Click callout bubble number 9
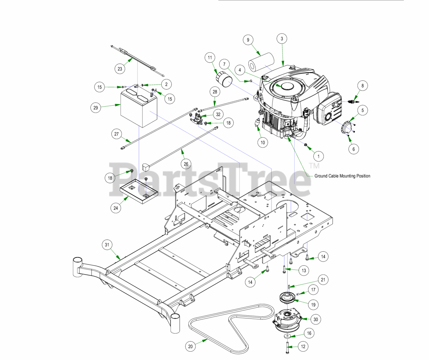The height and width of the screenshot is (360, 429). [x=248, y=40]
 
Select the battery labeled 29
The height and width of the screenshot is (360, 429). [x=138, y=109]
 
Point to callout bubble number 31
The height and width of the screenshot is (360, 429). [x=107, y=245]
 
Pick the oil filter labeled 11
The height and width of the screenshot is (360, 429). [x=223, y=79]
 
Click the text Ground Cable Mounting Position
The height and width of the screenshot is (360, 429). [x=342, y=176]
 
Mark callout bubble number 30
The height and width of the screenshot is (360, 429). [x=316, y=319]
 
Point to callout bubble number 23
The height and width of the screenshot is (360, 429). [x=120, y=69]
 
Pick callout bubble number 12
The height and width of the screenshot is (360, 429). [x=303, y=347]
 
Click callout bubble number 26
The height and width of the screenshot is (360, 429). [x=186, y=164]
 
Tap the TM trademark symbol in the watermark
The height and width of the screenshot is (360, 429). [x=314, y=166]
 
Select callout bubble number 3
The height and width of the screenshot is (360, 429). [x=282, y=39]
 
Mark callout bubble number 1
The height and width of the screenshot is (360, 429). [x=318, y=156]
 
